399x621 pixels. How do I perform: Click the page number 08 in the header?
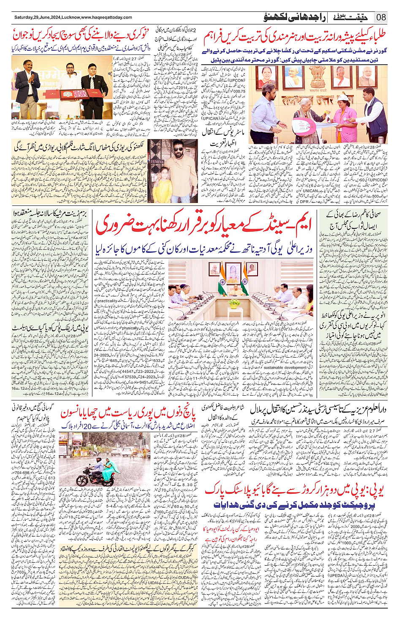381,17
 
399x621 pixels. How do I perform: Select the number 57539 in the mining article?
130,376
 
